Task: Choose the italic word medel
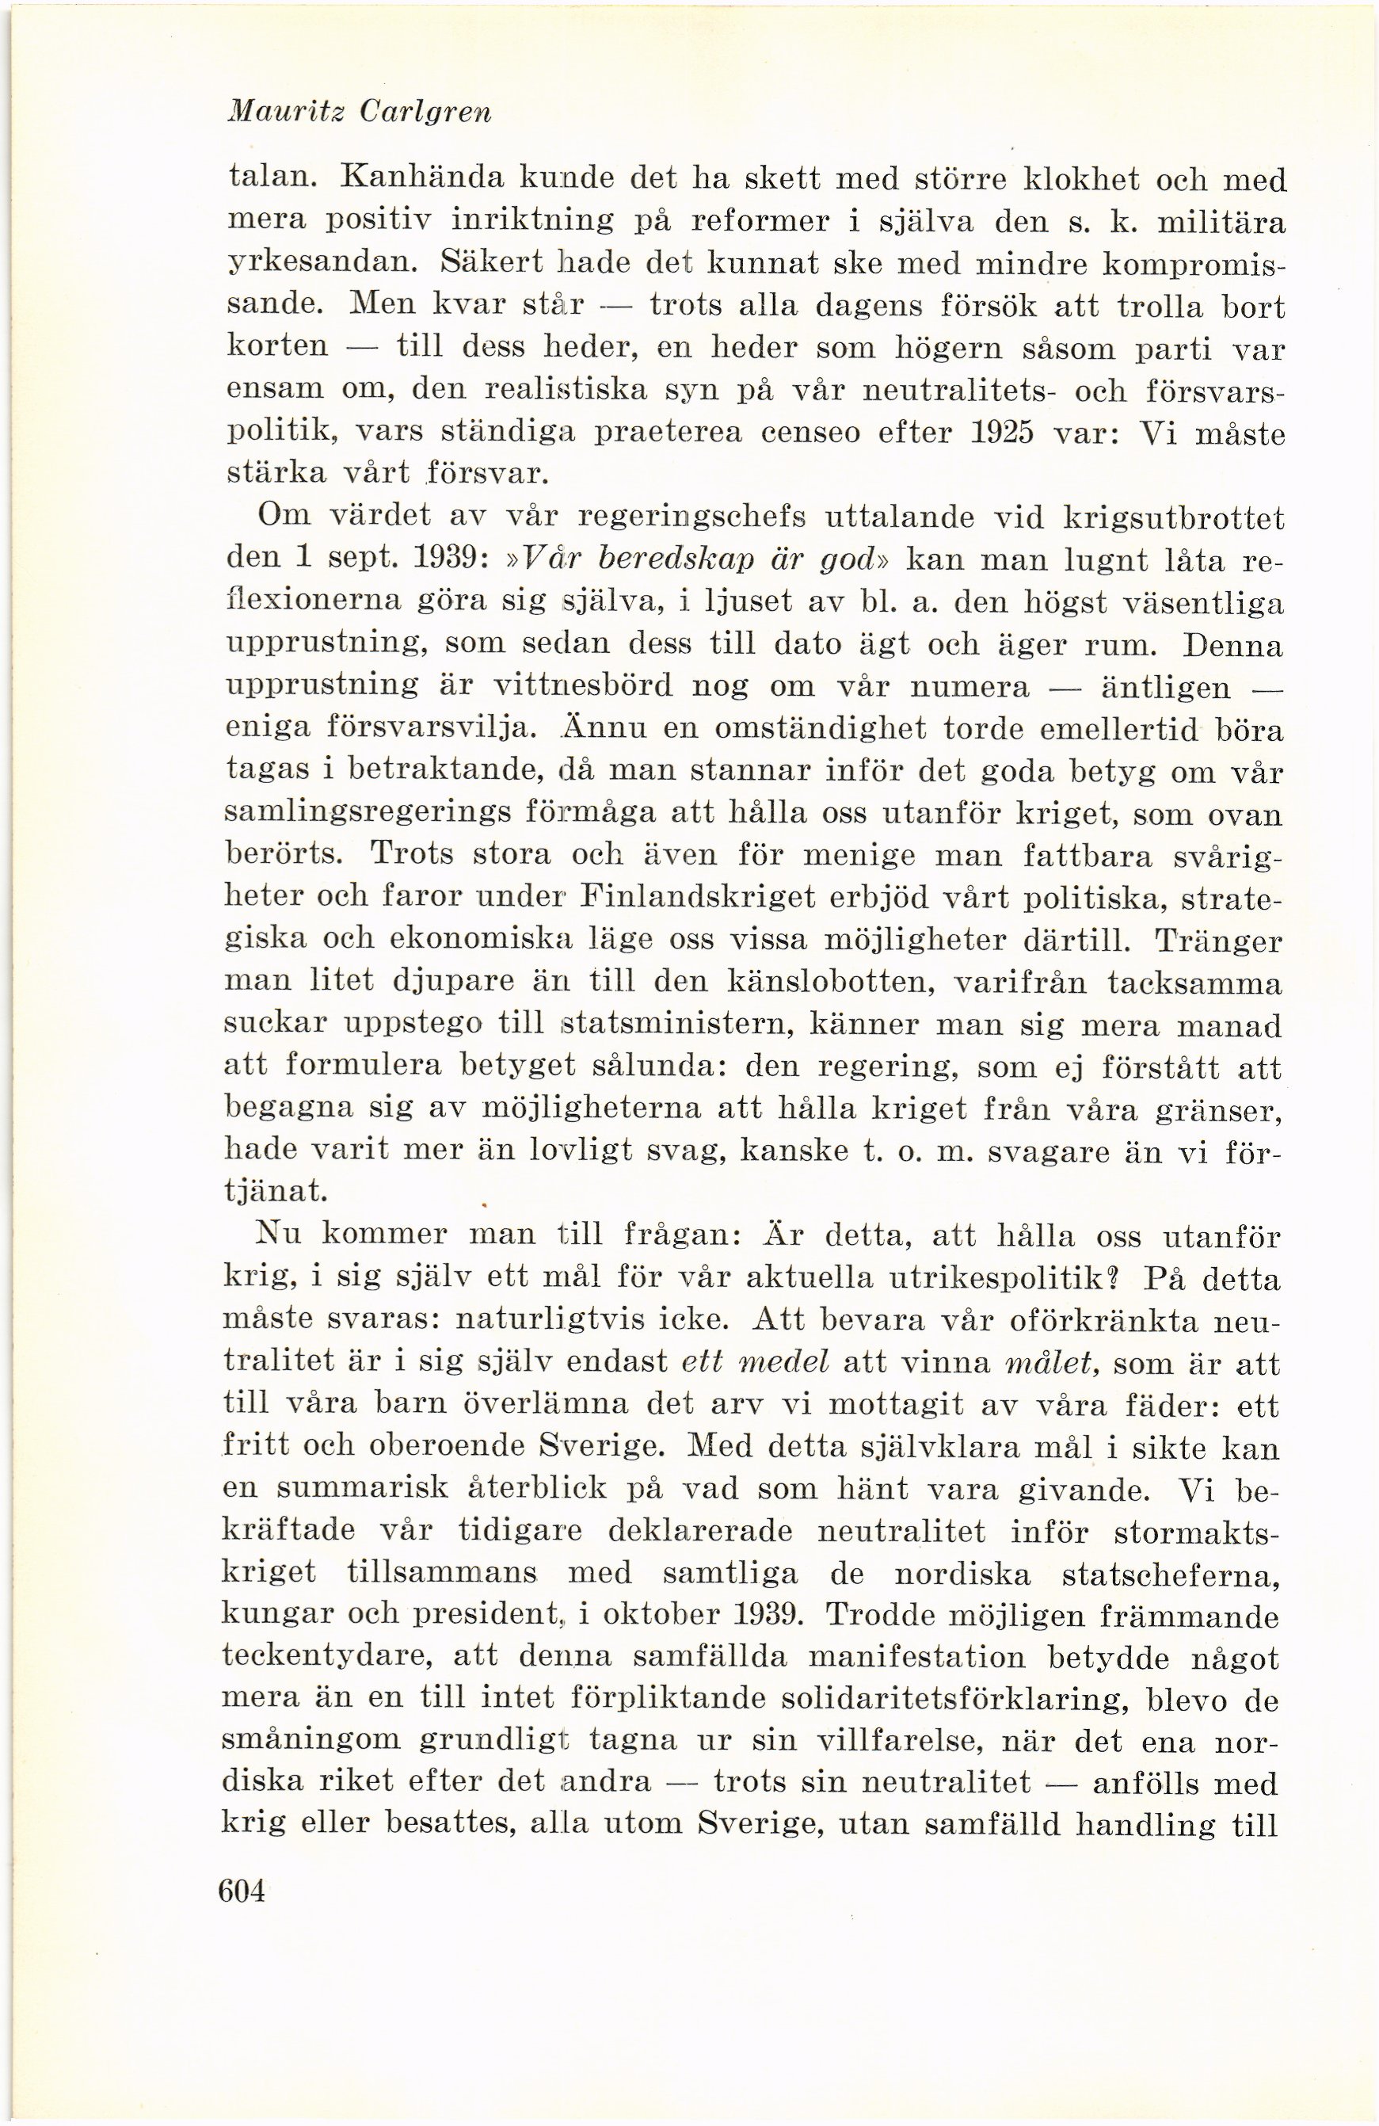click(x=782, y=1362)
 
